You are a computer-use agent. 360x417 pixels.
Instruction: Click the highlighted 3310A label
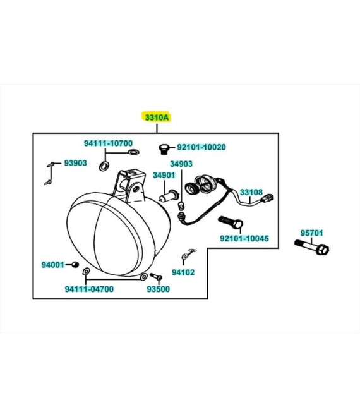(x=157, y=118)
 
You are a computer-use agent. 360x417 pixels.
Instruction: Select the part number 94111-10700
(x=108, y=143)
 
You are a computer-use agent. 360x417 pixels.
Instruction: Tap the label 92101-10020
(x=201, y=147)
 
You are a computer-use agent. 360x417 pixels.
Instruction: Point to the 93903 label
(x=76, y=163)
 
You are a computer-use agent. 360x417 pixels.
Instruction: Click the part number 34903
(x=181, y=164)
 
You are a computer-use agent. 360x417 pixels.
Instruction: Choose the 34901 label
(x=164, y=175)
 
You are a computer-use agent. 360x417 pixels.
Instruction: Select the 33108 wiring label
(x=251, y=192)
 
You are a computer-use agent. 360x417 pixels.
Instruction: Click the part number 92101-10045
(x=244, y=238)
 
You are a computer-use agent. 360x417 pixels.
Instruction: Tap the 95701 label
(x=312, y=233)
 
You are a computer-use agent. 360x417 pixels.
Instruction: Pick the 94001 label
(x=53, y=265)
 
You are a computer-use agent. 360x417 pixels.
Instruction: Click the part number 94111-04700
(x=89, y=289)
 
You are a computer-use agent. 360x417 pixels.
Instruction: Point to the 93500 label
(x=158, y=289)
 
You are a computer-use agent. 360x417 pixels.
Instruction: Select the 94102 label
(x=183, y=272)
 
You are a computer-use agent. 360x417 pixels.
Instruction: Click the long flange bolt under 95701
(x=311, y=246)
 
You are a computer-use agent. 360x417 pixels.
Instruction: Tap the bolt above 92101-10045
(x=231, y=222)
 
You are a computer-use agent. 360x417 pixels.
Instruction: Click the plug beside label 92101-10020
(x=164, y=149)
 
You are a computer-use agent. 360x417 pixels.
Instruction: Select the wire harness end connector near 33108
(x=268, y=198)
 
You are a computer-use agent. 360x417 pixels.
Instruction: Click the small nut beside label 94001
(x=76, y=264)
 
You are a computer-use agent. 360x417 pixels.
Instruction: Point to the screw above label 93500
(x=156, y=277)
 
